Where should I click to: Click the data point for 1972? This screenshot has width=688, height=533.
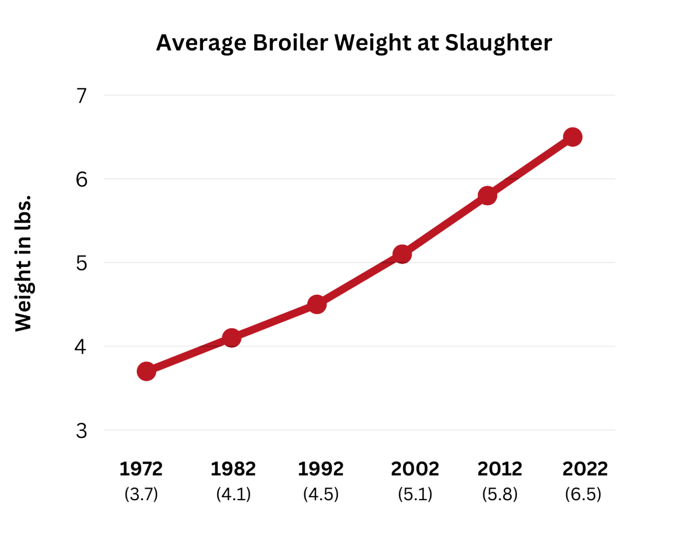pos(146,371)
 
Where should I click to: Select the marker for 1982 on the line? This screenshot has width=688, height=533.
pos(232,337)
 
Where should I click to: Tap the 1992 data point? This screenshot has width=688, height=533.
pos(317,304)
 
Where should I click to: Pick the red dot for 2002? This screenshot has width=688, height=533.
pos(402,254)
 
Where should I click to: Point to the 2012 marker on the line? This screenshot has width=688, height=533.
pos(487,195)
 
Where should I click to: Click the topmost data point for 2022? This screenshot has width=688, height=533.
pos(573,137)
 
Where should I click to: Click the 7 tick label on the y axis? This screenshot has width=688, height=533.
pos(82,95)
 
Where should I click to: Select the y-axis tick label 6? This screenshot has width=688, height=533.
pos(82,180)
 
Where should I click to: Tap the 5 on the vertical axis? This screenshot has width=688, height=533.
pos(82,263)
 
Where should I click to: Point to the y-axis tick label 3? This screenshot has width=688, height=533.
pos(82,430)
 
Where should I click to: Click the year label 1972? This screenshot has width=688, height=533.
pos(141,469)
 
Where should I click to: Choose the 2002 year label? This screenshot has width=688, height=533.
pos(415,469)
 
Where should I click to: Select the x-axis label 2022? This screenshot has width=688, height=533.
pos(585,469)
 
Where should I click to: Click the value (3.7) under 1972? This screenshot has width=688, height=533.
pos(141,494)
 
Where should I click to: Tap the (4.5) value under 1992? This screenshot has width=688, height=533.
pos(321,494)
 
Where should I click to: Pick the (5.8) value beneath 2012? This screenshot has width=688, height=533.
pos(499,494)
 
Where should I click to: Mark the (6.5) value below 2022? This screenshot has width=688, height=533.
pos(583,494)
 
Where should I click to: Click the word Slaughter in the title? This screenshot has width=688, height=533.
pos(499,43)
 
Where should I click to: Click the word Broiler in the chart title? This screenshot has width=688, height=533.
pos(290,43)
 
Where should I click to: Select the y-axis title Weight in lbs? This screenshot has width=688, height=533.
pos(23,263)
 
